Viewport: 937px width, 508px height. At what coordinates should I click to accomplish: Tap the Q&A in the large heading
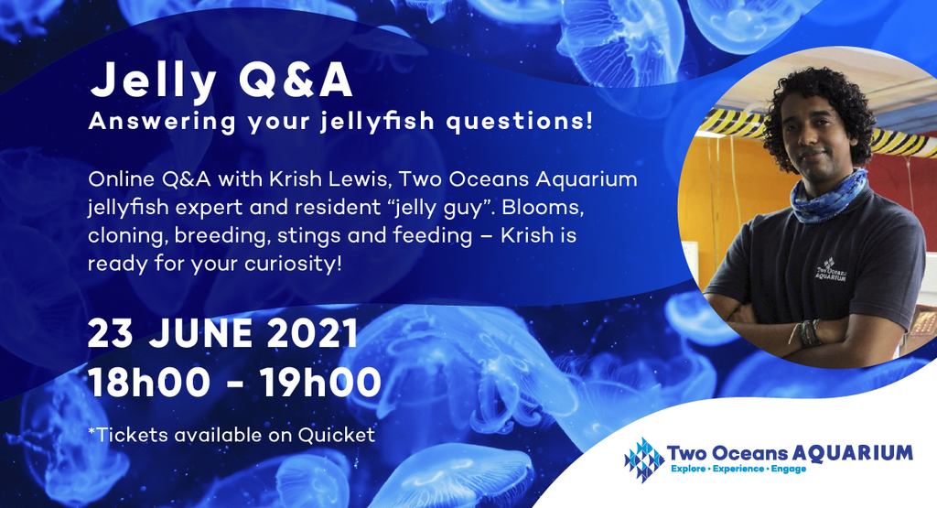295,81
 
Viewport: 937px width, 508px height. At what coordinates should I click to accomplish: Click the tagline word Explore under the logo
693,470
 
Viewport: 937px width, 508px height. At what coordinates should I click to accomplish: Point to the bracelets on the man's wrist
807,331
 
